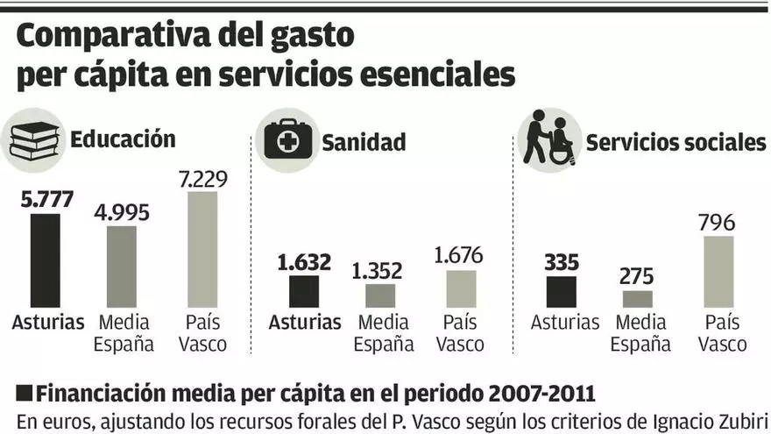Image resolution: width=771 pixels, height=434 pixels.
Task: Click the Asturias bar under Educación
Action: pos(45,260)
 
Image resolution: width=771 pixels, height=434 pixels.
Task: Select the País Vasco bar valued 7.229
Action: pos(202,250)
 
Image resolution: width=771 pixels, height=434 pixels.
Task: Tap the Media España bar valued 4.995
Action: pos(122,267)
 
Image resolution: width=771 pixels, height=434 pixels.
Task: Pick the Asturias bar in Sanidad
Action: pos(304,291)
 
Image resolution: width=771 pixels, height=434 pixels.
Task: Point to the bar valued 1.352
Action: pos(380,295)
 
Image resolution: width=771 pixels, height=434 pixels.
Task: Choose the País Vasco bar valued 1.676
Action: pos(461,288)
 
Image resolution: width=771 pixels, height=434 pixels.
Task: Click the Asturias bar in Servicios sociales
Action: pos(561,292)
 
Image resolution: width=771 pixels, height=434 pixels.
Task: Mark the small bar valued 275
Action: pos(639,298)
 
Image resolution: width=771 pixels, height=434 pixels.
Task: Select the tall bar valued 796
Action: pos(718,271)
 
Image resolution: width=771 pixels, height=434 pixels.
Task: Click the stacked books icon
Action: pos(34,139)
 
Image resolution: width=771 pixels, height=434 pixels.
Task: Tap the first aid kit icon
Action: pos(287,139)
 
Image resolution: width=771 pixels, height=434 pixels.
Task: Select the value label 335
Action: pos(562,261)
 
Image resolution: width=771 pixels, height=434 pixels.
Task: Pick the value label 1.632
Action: pos(304,261)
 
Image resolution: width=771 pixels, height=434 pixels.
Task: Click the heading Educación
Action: pos(123,139)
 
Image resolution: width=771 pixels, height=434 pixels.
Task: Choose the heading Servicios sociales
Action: pos(676,142)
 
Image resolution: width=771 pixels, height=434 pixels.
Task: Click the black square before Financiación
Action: pos(25,391)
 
